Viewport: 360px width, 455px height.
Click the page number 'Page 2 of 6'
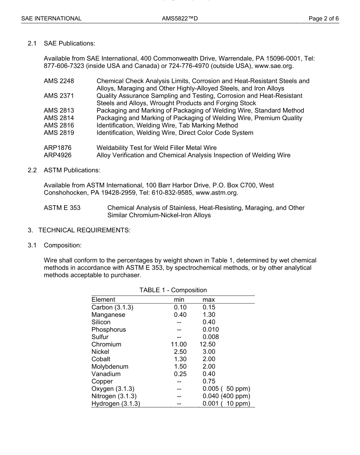pos(324,18)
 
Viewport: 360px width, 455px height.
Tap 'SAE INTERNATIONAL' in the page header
pos(51,18)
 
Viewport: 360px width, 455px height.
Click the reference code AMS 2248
pos(59,81)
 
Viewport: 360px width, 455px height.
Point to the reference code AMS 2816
pos(59,125)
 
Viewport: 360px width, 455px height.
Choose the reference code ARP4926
pos(58,155)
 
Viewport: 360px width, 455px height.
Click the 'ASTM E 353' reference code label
pos(62,208)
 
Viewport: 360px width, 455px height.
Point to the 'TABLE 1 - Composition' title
pos(173,290)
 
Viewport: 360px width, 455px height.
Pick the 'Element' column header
pos(103,300)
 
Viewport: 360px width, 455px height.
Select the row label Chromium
pos(106,344)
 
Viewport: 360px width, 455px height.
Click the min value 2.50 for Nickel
pos(180,352)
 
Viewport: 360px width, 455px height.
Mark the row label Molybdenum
pos(110,366)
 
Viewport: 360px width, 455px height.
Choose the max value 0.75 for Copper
pos(209,382)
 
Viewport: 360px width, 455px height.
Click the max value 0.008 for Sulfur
pos(211,337)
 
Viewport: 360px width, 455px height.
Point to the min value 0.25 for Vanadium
pos(180,374)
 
